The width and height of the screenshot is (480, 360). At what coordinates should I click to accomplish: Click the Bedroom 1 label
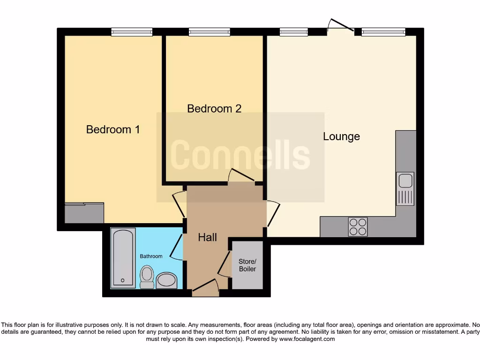(x=113, y=129)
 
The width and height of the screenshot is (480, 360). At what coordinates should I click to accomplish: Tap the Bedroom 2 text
(x=214, y=109)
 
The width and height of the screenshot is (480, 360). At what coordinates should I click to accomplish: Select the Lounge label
(x=341, y=136)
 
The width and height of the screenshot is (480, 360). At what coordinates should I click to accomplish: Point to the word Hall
(x=207, y=238)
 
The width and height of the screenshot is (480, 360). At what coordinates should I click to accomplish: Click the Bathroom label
(x=151, y=256)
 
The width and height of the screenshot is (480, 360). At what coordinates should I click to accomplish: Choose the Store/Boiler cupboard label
(x=247, y=265)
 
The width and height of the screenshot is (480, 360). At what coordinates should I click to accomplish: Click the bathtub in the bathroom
(x=123, y=258)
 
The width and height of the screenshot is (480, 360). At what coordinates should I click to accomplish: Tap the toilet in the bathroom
(x=147, y=277)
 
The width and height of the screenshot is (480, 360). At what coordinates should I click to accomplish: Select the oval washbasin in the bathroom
(x=166, y=281)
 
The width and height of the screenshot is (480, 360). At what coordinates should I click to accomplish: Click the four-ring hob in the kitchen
(x=358, y=227)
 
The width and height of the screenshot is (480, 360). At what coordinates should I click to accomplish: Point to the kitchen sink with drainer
(x=405, y=188)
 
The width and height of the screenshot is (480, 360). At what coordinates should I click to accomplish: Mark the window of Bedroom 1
(x=132, y=32)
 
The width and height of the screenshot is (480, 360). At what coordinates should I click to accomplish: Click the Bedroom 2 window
(x=209, y=32)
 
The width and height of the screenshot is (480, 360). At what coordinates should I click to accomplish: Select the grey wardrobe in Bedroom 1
(x=84, y=213)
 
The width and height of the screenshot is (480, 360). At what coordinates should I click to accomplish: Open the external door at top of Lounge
(x=341, y=26)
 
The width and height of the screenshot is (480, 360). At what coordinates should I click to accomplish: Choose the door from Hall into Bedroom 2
(x=241, y=175)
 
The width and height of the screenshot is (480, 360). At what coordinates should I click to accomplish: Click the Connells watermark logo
(x=240, y=156)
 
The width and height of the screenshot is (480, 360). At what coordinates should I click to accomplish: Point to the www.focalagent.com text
(x=307, y=339)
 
